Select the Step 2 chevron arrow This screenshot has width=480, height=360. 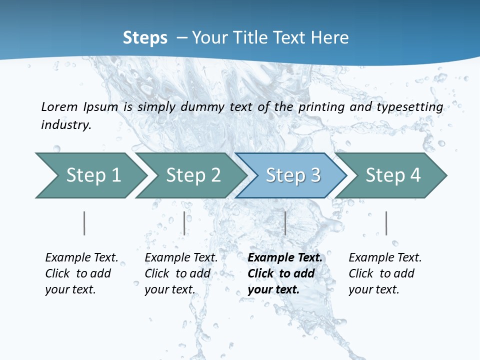192,175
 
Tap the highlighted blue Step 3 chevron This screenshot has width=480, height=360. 292,175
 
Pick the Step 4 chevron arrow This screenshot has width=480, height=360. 392,175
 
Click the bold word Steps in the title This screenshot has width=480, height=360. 145,37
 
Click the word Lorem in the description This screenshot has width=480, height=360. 59,106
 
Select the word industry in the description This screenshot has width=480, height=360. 66,125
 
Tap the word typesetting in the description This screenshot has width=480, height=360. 409,107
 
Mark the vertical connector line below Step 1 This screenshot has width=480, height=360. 84,223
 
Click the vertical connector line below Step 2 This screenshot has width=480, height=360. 184,223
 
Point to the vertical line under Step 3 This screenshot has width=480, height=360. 285,223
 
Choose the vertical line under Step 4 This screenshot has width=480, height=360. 386,223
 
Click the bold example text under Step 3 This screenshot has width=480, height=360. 285,273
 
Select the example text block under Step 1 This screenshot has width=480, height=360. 81,273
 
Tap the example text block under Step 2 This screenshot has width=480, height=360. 181,273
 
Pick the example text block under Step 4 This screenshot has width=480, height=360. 385,273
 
